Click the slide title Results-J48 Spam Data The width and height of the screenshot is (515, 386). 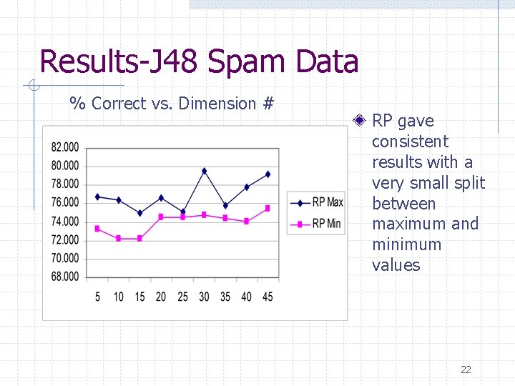click(x=199, y=61)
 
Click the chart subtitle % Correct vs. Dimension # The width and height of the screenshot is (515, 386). click(x=172, y=104)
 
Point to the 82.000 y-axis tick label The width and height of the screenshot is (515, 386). click(x=65, y=147)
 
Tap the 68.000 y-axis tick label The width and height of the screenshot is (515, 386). click(x=65, y=277)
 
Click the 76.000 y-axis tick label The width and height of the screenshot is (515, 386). click(x=65, y=203)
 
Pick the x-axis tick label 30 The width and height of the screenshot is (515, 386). click(x=204, y=296)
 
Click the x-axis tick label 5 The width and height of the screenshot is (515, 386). click(x=97, y=296)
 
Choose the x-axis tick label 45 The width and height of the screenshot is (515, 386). click(x=268, y=296)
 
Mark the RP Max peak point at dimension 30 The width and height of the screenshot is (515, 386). click(x=204, y=171)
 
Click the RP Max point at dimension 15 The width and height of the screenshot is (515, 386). click(x=140, y=213)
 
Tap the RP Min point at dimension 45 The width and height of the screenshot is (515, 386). click(x=268, y=208)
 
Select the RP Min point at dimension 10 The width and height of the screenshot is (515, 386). click(x=119, y=238)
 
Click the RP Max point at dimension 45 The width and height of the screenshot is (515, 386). click(x=268, y=174)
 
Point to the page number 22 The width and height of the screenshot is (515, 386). click(x=466, y=370)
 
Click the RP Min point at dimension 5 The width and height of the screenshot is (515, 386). click(x=97, y=229)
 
